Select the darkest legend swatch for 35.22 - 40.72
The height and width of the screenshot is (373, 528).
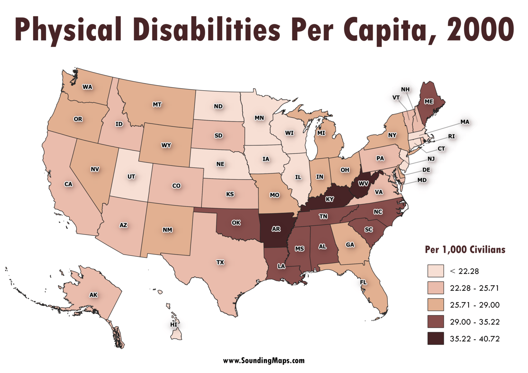click(436, 338)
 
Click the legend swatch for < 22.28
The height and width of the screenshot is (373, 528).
click(436, 271)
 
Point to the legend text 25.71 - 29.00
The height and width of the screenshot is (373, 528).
click(474, 305)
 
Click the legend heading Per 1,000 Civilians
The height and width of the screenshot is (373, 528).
click(465, 249)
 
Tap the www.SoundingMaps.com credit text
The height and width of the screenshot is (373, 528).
click(264, 360)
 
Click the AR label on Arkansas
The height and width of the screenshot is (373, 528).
click(276, 229)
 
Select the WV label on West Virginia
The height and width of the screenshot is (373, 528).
click(363, 183)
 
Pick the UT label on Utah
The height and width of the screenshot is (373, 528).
click(131, 177)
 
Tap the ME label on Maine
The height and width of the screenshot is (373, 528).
click(429, 101)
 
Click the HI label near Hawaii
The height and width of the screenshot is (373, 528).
click(174, 325)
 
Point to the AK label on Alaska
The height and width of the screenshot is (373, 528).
click(93, 295)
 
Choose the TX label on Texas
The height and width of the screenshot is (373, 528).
click(220, 262)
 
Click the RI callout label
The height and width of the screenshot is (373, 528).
click(451, 136)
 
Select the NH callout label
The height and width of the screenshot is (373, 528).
click(405, 89)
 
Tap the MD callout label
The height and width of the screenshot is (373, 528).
click(422, 180)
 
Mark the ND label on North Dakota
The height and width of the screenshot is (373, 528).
click(218, 106)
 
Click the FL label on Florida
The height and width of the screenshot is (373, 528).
click(363, 282)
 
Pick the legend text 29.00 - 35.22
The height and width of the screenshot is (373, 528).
click(474, 322)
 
